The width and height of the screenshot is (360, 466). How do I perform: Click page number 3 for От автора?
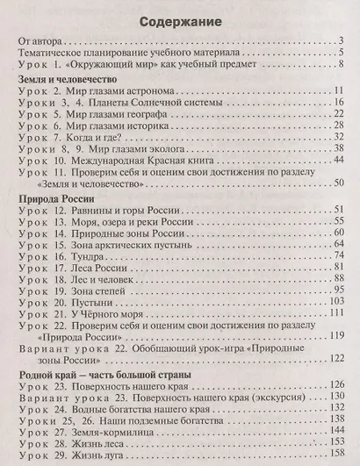(x=337, y=41)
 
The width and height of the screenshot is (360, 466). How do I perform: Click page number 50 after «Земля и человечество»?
(x=334, y=183)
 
